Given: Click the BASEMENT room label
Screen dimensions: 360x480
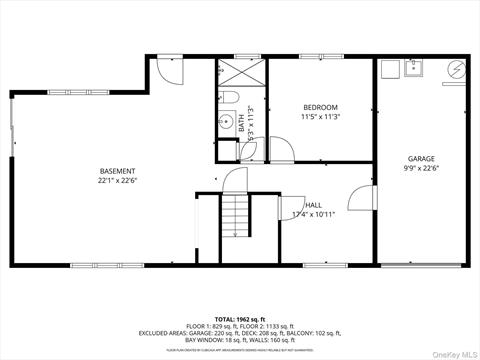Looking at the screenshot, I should pyautogui.click(x=117, y=171).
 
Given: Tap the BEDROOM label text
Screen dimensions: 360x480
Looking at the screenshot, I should pyautogui.click(x=321, y=107).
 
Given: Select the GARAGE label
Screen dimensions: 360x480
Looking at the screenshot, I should pyautogui.click(x=421, y=158).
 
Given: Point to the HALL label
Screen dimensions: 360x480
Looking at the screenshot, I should pyautogui.click(x=313, y=203).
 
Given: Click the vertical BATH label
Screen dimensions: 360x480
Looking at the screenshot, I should pyautogui.click(x=241, y=123).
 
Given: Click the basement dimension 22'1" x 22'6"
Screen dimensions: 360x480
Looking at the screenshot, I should pyautogui.click(x=117, y=181).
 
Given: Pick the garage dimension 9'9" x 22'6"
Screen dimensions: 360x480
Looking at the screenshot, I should pyautogui.click(x=421, y=168).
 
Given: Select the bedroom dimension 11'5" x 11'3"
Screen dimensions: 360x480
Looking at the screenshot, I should pyautogui.click(x=321, y=117).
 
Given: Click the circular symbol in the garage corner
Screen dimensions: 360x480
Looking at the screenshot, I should pyautogui.click(x=456, y=70).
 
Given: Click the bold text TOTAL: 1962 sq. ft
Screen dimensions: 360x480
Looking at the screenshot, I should pyautogui.click(x=240, y=318).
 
